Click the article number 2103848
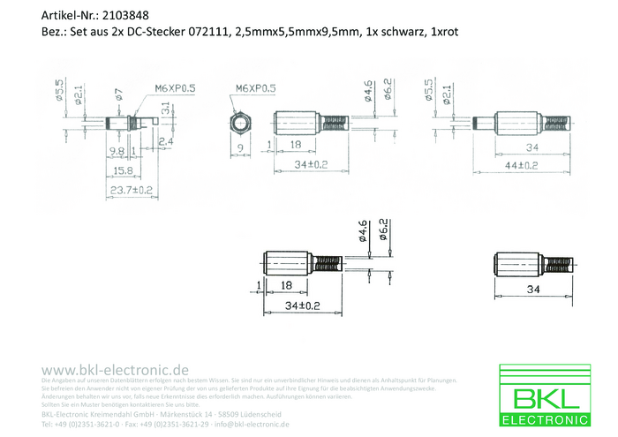pos(125,15)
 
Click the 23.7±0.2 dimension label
pos(132,189)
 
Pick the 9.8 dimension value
pos(116,152)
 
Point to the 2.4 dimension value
pos(165,140)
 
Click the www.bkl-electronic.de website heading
pos(115,369)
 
